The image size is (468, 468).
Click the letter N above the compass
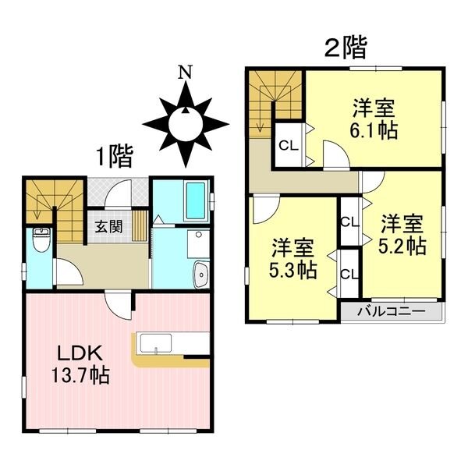[185, 73]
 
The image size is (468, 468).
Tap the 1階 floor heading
[114, 157]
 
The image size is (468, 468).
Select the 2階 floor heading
[345, 49]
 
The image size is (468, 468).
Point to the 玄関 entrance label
[108, 228]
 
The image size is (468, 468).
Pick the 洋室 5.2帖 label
[402, 236]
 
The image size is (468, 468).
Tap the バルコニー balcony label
[390, 311]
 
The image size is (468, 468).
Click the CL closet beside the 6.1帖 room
[287, 145]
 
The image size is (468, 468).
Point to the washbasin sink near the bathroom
[200, 275]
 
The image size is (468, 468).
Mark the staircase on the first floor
[44, 200]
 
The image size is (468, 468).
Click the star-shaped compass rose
[186, 123]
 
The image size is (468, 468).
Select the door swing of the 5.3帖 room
[264, 208]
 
